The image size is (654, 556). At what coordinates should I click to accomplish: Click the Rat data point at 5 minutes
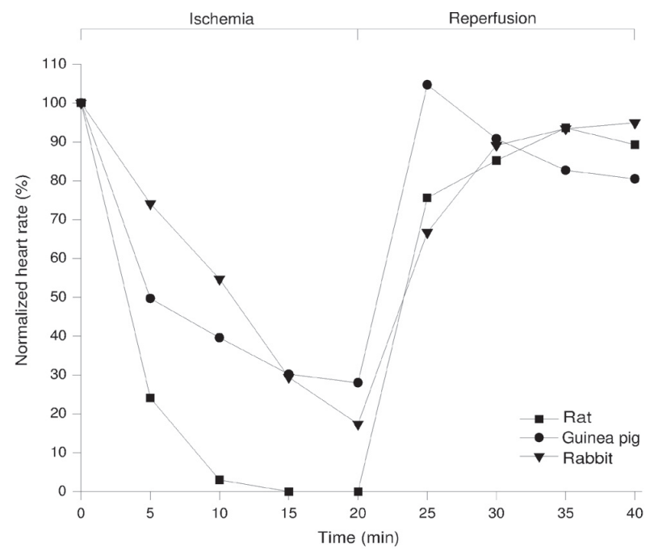(x=150, y=398)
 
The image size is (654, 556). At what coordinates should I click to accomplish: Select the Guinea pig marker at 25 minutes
(x=427, y=85)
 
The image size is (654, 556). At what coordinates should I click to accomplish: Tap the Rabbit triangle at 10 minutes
(x=220, y=280)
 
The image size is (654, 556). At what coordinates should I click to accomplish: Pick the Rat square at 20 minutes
(x=358, y=491)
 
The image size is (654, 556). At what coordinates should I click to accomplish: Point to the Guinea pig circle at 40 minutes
(x=635, y=179)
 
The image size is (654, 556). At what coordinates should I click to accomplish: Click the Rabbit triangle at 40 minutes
(x=635, y=124)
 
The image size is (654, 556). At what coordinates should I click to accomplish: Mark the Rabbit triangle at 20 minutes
(x=358, y=425)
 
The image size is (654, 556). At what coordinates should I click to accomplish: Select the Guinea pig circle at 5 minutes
(x=150, y=298)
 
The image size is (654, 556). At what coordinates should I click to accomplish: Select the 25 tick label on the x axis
(x=427, y=512)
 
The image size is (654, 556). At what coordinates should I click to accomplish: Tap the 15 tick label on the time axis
(x=288, y=512)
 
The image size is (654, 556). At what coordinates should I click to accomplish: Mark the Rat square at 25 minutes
(x=427, y=197)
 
